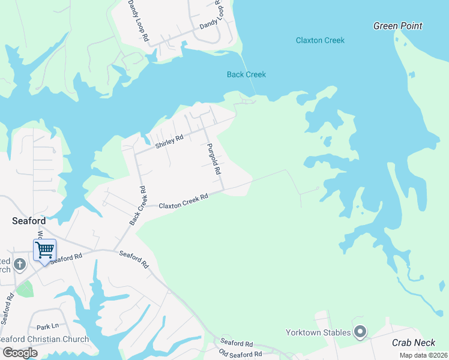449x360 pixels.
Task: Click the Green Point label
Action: click(x=397, y=26)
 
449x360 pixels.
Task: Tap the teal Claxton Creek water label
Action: click(x=320, y=40)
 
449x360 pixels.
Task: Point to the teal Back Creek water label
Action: click(x=246, y=74)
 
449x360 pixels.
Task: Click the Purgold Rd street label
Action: click(x=213, y=159)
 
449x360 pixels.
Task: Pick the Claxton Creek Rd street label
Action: click(x=183, y=201)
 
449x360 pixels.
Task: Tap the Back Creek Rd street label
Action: click(x=138, y=205)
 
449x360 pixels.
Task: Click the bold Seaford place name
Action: click(x=29, y=221)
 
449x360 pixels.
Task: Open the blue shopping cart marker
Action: click(x=45, y=250)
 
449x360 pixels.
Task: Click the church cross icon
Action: click(x=20, y=264)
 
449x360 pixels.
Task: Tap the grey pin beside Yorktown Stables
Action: click(x=360, y=331)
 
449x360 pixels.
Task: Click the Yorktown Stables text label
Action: click(x=319, y=332)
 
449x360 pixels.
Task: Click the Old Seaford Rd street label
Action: click(x=241, y=354)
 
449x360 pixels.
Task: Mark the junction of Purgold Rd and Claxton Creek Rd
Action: click(x=224, y=191)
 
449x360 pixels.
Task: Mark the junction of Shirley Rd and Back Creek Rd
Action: click(x=136, y=154)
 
